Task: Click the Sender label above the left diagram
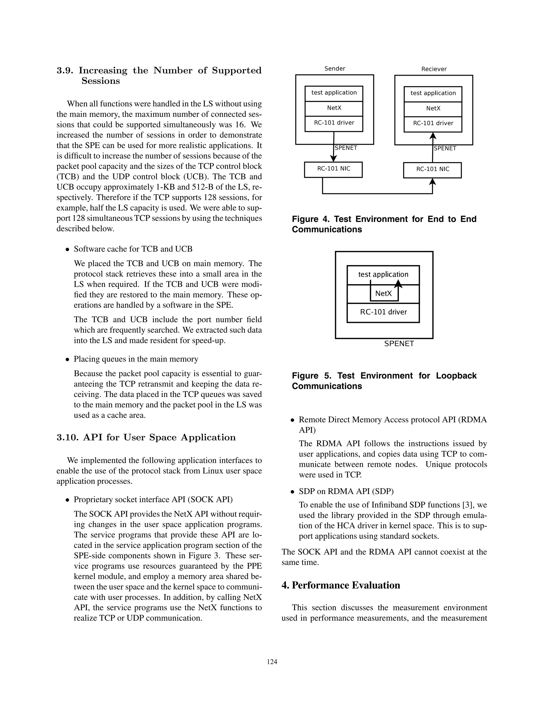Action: tap(334, 68)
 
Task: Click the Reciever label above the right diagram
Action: tap(434, 69)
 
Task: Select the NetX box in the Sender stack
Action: tap(334, 108)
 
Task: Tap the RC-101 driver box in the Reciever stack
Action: tap(433, 123)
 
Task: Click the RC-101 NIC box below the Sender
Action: tap(333, 169)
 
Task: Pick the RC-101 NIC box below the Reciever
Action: tap(432, 169)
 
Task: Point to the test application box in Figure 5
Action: tap(383, 274)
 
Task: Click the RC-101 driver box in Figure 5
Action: tap(383, 312)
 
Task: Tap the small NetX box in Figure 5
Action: tap(384, 294)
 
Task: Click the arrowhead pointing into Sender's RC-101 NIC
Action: tap(334, 158)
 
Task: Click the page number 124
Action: tap(272, 662)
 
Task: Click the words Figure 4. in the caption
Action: tap(310, 219)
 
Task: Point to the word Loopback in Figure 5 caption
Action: tap(456, 376)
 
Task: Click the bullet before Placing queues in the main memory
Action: tap(67, 359)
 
